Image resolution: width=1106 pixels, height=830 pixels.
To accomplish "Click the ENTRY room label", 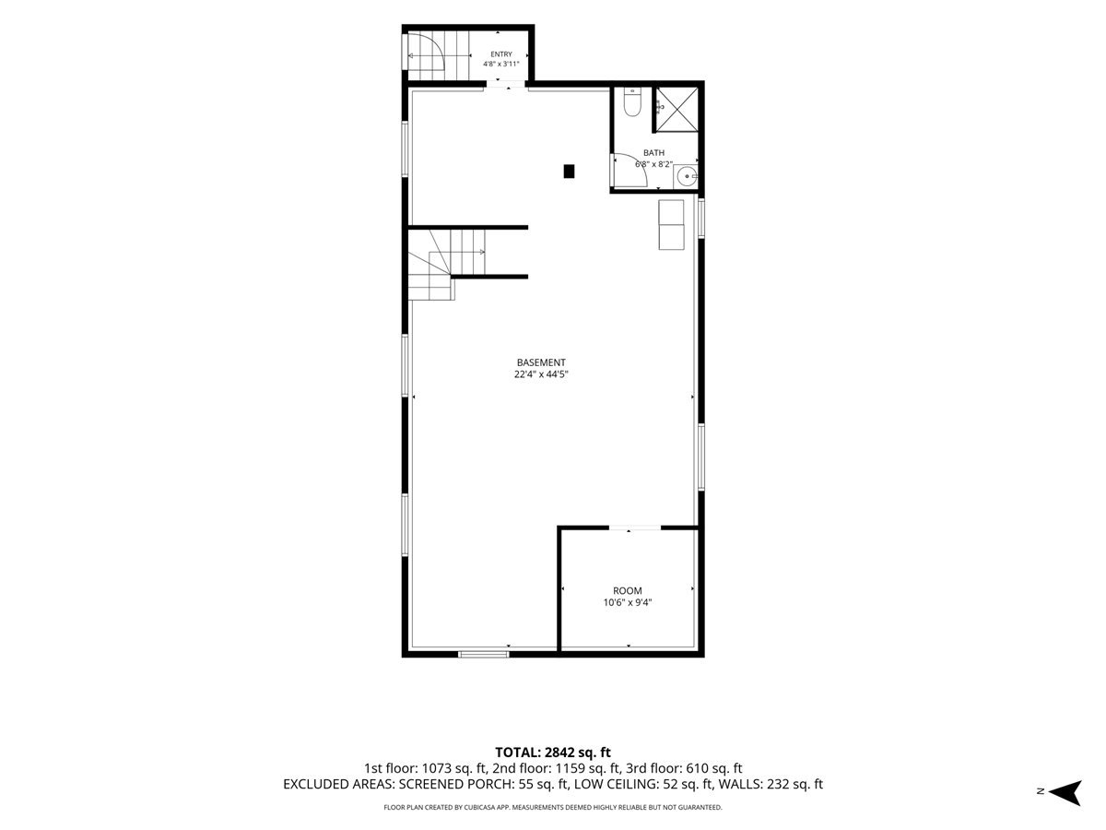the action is tap(500, 54).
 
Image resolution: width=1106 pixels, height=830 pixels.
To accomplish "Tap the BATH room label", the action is tap(653, 153).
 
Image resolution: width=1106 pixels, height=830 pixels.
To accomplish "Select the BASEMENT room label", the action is tap(541, 362).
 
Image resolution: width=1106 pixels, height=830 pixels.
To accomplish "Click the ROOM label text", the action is tap(628, 590).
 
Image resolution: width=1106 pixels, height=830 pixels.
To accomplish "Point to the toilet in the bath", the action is tap(632, 102).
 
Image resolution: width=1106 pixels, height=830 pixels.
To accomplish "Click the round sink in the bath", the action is tap(687, 177).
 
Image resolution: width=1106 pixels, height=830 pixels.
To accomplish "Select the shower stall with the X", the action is tap(677, 110).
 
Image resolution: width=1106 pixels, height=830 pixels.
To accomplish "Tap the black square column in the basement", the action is tap(569, 172).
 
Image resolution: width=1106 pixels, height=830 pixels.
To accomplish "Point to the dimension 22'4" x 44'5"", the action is tap(541, 374).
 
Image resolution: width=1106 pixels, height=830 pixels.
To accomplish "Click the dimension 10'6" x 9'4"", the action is tap(628, 603).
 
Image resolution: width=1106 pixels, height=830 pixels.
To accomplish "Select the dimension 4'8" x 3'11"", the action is tap(500, 64).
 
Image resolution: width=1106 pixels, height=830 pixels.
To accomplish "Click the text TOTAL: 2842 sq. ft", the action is tap(553, 753).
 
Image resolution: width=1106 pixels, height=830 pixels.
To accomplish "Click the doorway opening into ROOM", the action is tap(634, 528).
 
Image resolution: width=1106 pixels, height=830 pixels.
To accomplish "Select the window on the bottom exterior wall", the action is tap(483, 654).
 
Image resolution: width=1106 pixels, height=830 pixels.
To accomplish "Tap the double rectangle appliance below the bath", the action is tap(671, 225).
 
